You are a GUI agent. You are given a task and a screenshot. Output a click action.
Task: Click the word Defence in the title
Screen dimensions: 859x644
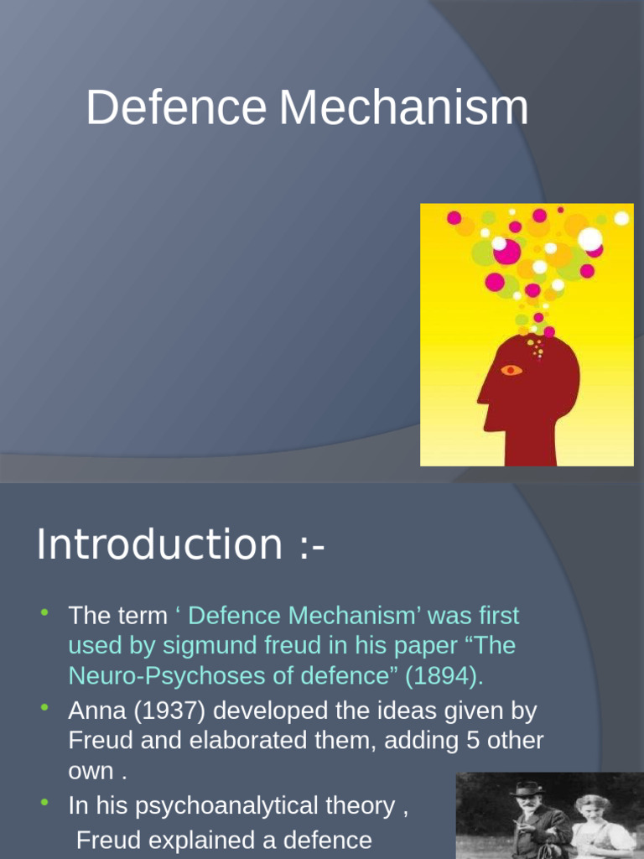pos(176,108)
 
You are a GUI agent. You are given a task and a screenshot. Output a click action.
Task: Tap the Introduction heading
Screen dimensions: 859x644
pos(159,544)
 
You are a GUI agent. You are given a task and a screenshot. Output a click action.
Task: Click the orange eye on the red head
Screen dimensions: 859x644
pos(511,370)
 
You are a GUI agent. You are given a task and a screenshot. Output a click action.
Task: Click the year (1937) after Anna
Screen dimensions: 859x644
pos(164,711)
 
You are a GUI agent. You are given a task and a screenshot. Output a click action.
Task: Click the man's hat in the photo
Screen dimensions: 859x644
pos(527,789)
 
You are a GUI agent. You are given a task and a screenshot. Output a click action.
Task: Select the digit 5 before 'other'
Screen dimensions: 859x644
pos(484,742)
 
